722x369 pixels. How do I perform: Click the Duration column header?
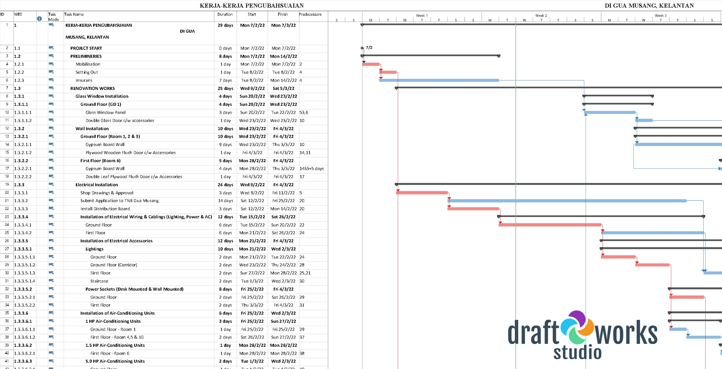(x=225, y=15)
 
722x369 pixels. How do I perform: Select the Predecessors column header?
(x=310, y=15)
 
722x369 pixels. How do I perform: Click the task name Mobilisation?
(x=88, y=64)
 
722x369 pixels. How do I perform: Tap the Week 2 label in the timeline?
(x=541, y=16)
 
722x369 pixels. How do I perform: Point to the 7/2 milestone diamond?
(x=362, y=48)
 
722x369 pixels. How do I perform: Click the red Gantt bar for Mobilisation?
(x=371, y=64)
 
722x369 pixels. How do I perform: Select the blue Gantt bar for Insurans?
(x=439, y=80)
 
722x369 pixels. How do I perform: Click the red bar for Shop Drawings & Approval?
(x=422, y=193)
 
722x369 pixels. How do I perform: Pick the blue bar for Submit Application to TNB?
(x=567, y=201)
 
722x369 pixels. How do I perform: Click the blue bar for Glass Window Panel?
(x=609, y=112)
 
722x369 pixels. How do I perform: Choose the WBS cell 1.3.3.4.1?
(x=23, y=225)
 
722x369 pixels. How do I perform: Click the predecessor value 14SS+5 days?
(x=312, y=169)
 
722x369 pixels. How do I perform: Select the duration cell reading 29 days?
(x=225, y=25)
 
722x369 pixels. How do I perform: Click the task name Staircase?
(x=99, y=281)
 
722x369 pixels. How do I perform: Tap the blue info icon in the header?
(x=39, y=19)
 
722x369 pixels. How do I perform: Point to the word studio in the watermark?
(x=577, y=353)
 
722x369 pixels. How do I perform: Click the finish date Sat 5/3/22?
(x=283, y=89)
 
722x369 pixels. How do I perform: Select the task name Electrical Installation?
(x=97, y=185)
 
